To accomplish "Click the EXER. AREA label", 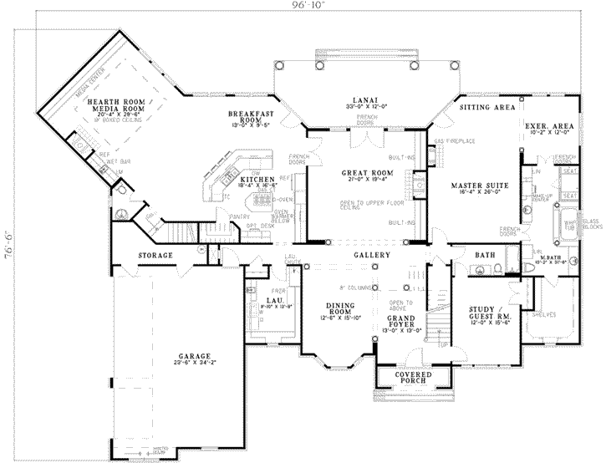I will point(548,126).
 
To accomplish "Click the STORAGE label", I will point(155,255).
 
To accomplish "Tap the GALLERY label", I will point(372,254).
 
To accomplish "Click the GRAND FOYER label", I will point(401,321).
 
